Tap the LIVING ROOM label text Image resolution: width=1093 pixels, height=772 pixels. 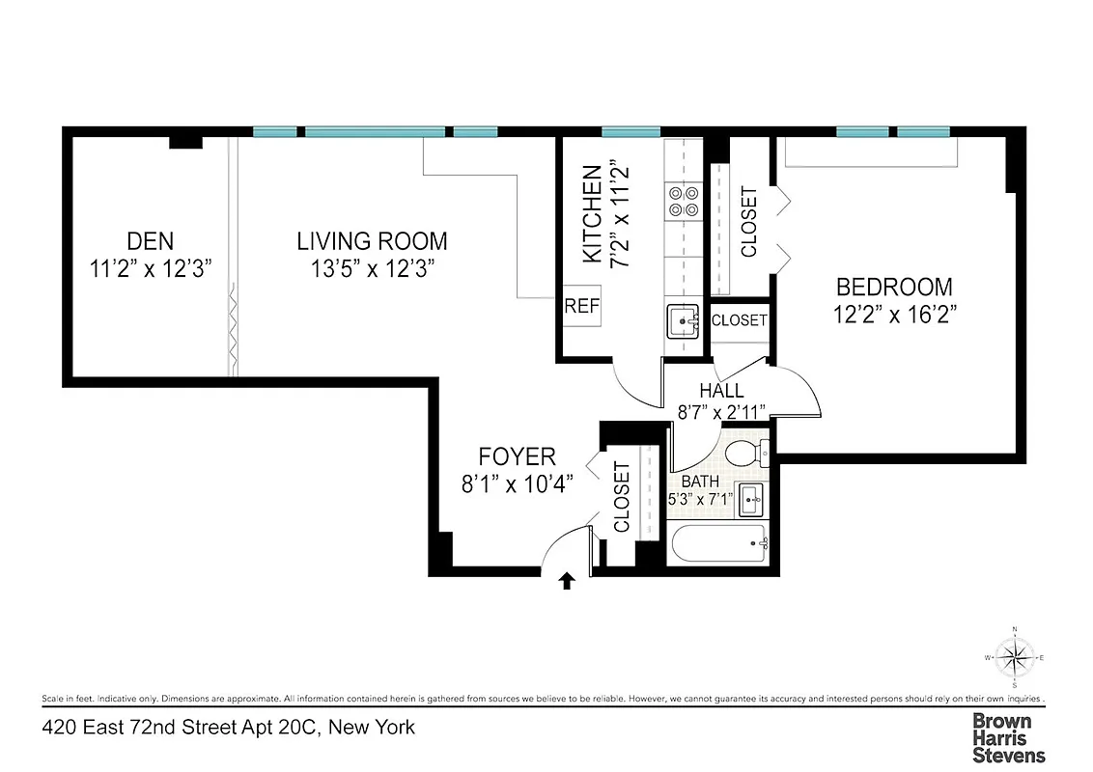pos(372,241)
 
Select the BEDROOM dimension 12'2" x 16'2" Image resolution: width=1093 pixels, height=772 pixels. pos(894,314)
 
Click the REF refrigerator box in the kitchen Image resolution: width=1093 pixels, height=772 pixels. pos(581,307)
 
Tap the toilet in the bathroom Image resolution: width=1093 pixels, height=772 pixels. pos(746,452)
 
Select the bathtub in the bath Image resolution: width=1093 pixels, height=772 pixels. pos(717,545)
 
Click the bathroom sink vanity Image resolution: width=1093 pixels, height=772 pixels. pos(751,501)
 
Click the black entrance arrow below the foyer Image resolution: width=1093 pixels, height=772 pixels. pos(568,580)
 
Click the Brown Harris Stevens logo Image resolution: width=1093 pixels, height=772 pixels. pos(1008,738)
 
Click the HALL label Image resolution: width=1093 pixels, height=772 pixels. pos(722,391)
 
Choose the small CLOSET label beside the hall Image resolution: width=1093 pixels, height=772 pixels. pos(739,320)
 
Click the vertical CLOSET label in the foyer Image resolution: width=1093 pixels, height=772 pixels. pos(621,496)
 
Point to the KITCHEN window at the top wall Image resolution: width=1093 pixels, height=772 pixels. pos(631,132)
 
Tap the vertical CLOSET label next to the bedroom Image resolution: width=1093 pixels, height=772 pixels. pos(748,222)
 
